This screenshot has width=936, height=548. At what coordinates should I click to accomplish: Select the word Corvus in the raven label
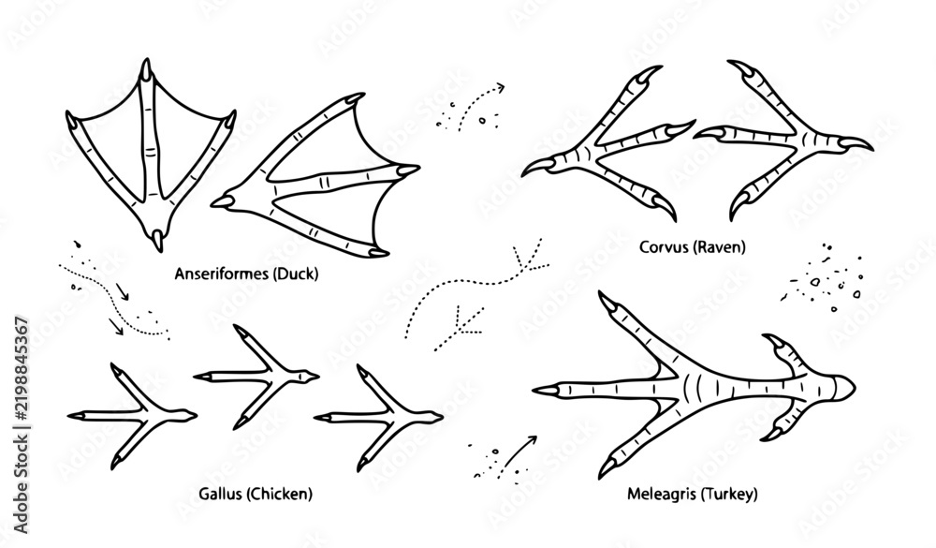tap(664, 246)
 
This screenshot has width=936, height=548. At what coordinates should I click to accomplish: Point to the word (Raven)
tap(719, 246)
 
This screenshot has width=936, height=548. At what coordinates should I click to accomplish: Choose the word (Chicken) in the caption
tap(279, 494)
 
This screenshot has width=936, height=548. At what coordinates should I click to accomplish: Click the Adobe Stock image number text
tap(21, 425)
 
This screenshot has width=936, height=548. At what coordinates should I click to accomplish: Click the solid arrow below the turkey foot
tap(519, 452)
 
